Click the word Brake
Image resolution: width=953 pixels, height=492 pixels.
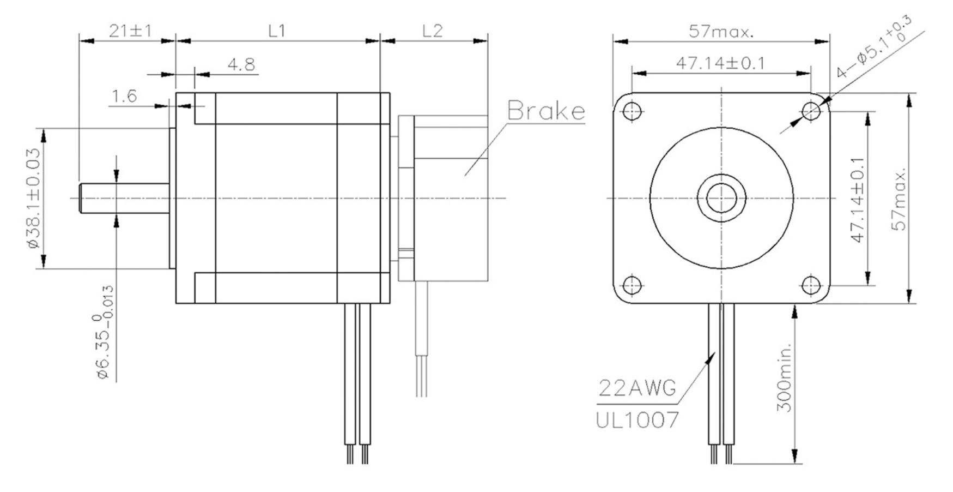pyautogui.click(x=546, y=111)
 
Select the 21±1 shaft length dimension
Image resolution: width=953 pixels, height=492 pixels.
pyautogui.click(x=130, y=31)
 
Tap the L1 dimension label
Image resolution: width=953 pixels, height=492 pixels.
pyautogui.click(x=277, y=31)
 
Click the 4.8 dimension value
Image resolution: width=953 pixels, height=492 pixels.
pyautogui.click(x=241, y=65)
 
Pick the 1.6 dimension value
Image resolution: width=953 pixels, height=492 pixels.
pyautogui.click(x=124, y=97)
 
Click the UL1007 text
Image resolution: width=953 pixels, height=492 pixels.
pyautogui.click(x=638, y=420)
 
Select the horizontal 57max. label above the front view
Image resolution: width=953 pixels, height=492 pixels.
pyautogui.click(x=721, y=31)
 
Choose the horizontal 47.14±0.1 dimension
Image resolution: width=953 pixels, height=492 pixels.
pyautogui.click(x=720, y=63)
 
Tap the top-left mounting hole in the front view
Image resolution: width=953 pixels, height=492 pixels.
pyautogui.click(x=632, y=111)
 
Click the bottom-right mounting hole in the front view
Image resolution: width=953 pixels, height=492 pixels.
pyautogui.click(x=811, y=285)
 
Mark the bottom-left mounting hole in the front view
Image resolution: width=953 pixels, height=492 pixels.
pyautogui.click(x=632, y=285)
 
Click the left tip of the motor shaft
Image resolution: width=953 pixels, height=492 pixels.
pyautogui.click(x=80, y=198)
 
